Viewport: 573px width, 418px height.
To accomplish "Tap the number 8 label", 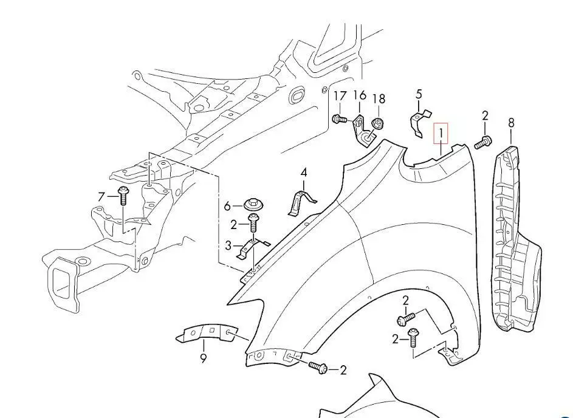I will pos(511,123).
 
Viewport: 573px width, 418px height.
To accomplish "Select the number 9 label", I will pos(203,358).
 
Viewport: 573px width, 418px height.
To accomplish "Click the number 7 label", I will pos(101,196).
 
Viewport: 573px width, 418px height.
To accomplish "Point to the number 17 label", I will pos(340,96).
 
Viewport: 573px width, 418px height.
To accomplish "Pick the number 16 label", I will pos(360,95).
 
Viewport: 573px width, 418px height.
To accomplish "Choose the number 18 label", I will pos(379,98).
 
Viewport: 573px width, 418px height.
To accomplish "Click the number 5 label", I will pos(419,94).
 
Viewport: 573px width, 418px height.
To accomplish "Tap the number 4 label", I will pos(304,173).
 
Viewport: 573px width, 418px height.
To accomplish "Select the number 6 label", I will pos(227,207).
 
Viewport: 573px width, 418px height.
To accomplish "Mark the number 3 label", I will pos(228,246).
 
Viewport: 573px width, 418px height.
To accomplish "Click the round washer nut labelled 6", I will pos(252,205).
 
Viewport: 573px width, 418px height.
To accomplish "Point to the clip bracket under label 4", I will pos(302,201).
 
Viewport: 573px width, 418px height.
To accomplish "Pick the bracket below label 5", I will pos(419,123).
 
